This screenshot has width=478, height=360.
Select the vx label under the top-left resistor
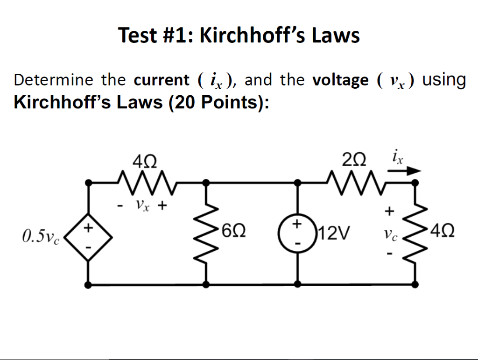[142, 205]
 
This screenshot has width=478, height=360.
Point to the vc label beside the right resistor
[388, 235]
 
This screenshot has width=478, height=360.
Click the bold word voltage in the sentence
[340, 80]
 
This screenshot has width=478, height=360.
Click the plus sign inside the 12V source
[296, 224]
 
